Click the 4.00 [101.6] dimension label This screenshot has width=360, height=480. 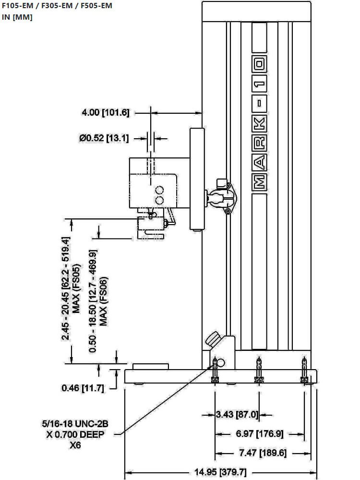pyautogui.click(x=106, y=113)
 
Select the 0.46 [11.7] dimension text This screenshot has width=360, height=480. pyautogui.click(x=83, y=388)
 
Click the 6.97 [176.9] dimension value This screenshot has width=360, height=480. pyautogui.click(x=260, y=434)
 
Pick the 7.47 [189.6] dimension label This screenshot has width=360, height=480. pyautogui.click(x=262, y=453)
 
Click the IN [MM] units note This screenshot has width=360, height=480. pyautogui.click(x=17, y=17)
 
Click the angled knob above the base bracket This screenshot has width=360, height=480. pyautogui.click(x=212, y=339)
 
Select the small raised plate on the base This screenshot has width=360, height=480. pyautogui.click(x=151, y=366)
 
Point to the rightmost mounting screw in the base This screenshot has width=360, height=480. pyautogui.click(x=304, y=370)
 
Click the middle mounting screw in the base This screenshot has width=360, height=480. pyautogui.click(x=259, y=370)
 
